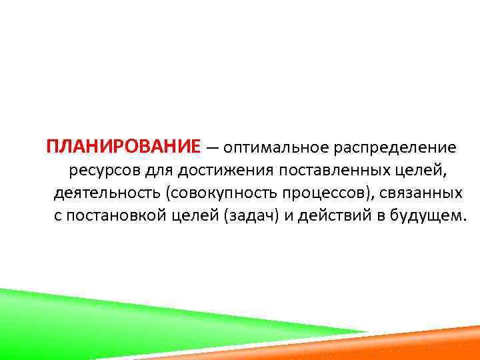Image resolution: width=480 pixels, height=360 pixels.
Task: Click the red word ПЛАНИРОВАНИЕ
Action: (x=123, y=147)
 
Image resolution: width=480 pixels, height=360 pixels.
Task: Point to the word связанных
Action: (x=426, y=193)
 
